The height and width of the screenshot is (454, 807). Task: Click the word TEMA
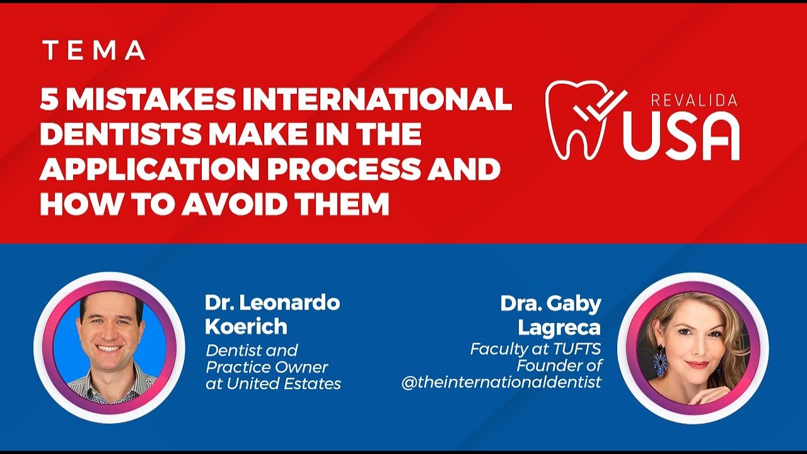coord(93,51)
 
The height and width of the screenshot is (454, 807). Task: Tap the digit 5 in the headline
coord(49,100)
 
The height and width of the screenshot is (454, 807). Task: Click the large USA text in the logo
coord(681,137)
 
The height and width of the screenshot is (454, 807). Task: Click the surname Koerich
coord(246,327)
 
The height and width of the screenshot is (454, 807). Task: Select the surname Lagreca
coord(559,327)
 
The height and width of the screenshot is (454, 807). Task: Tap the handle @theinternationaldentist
coord(501,382)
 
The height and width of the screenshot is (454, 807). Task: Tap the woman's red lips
coord(697,365)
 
